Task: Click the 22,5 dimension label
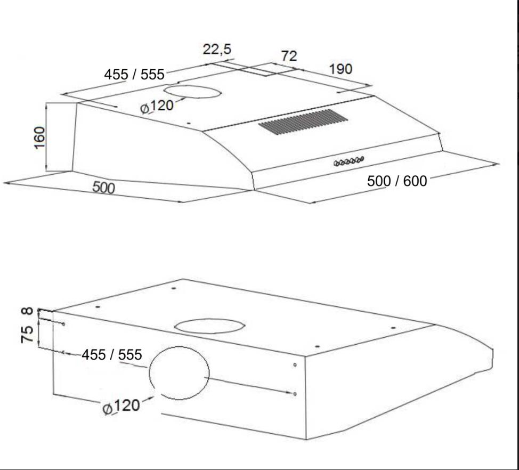click(217, 50)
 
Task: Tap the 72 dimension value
click(289, 56)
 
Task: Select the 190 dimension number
click(340, 69)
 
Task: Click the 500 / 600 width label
click(397, 181)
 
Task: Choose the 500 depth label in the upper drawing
click(103, 188)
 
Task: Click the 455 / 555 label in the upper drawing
click(134, 74)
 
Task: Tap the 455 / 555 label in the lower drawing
click(112, 355)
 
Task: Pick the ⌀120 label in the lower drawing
click(121, 407)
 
